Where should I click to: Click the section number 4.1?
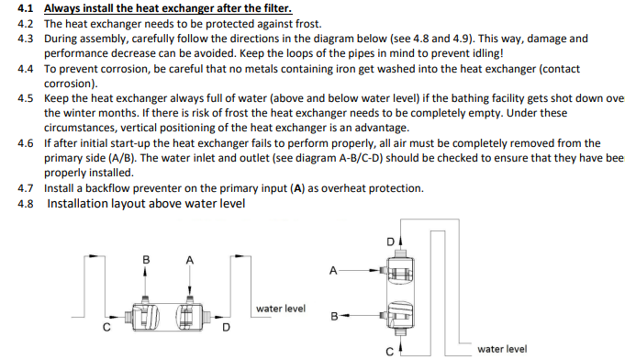click(x=25, y=8)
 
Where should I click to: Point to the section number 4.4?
click(x=25, y=69)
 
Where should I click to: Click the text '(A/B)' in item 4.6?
click(x=121, y=158)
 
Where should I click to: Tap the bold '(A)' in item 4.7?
click(x=297, y=188)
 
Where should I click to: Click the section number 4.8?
click(x=25, y=204)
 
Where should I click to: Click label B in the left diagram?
click(x=146, y=260)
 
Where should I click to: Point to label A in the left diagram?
click(x=190, y=260)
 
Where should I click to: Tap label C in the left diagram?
click(x=106, y=327)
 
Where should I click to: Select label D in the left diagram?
click(x=226, y=327)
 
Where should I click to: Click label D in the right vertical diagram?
click(x=391, y=242)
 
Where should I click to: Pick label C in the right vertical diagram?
click(x=390, y=351)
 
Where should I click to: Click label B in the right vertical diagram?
click(x=334, y=317)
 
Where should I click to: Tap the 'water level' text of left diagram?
click(x=281, y=309)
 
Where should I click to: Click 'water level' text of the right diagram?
click(x=502, y=349)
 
